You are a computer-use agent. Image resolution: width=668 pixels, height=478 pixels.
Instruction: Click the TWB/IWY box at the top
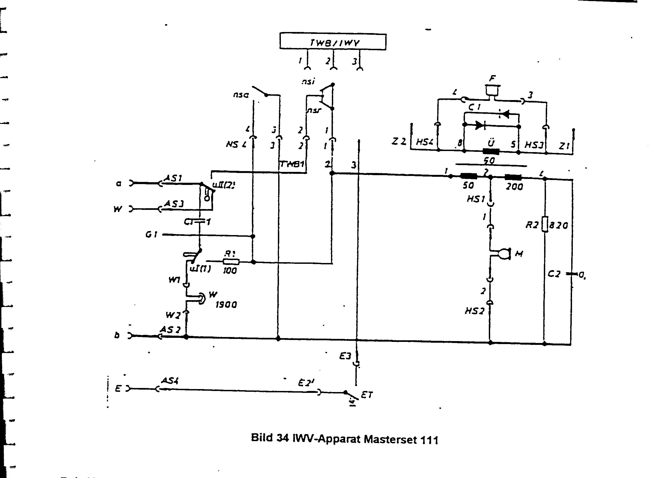coord(333,42)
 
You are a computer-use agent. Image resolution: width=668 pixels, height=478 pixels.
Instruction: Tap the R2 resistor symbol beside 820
coord(545,224)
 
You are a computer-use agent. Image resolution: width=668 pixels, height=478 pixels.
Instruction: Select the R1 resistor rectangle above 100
coord(231,262)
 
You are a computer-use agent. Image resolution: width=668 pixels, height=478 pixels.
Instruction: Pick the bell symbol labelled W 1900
coord(201,299)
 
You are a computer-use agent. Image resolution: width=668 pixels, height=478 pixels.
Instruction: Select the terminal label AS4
coord(169,381)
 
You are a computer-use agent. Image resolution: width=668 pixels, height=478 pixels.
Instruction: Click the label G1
coord(152,235)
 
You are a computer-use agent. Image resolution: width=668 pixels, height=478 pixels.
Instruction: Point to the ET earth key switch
coord(352,395)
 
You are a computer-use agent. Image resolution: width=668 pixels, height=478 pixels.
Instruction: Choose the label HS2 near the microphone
coord(474,311)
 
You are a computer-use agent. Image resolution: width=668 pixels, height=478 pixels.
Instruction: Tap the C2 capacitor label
coord(554,274)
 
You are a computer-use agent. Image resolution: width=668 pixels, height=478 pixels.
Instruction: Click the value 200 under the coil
coord(514,187)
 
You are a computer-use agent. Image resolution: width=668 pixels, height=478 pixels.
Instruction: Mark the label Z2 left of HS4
coord(399,142)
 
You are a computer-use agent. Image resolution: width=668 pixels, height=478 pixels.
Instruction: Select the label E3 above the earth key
coord(345,357)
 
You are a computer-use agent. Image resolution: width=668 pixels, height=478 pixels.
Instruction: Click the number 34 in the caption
coord(282,438)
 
